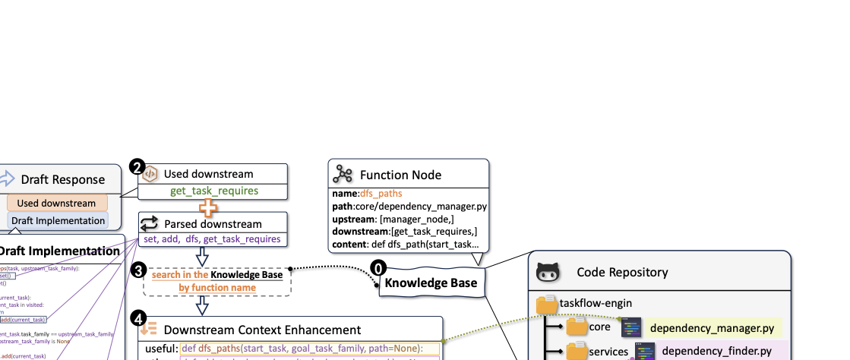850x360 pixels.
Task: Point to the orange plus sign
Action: click(203, 206)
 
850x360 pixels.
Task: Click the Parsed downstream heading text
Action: click(213, 223)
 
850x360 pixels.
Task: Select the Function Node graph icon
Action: click(343, 175)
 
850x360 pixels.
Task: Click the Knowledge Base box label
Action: click(431, 283)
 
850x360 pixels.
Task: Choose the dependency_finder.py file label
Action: click(716, 352)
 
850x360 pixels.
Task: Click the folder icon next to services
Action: click(577, 352)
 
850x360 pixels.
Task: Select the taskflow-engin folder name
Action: click(596, 302)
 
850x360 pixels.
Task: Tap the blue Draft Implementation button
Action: click(58, 220)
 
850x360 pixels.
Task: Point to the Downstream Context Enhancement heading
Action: click(262, 330)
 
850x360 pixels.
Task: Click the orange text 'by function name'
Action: click(217, 288)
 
